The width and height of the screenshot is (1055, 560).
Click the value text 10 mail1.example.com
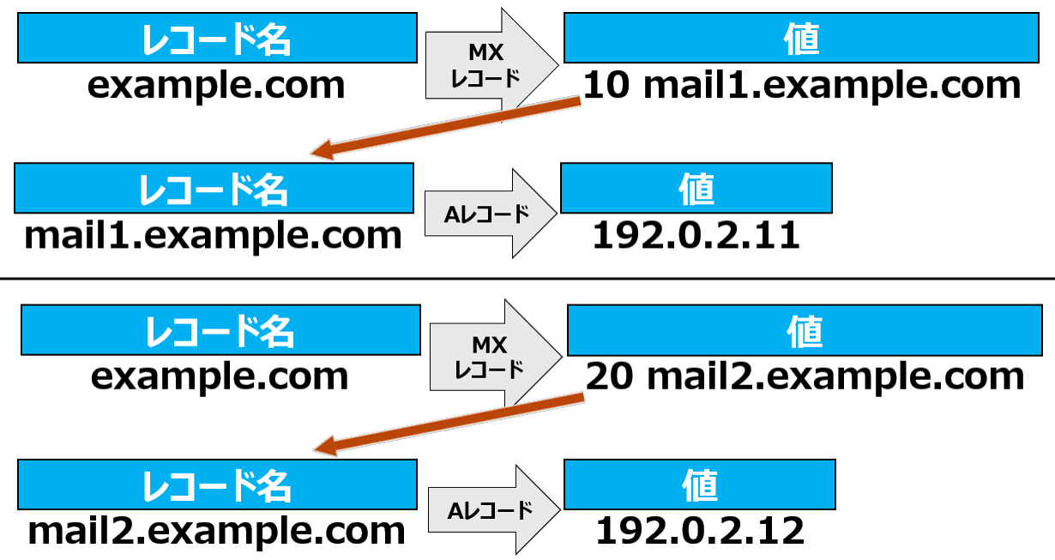click(801, 86)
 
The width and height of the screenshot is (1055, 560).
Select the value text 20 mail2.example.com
click(805, 377)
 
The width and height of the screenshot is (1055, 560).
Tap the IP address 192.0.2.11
click(696, 235)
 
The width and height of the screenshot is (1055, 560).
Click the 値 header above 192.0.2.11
click(696, 188)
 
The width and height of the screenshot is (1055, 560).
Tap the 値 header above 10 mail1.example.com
click(801, 38)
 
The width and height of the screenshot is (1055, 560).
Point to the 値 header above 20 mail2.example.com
click(805, 330)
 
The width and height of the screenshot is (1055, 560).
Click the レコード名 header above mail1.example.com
click(214, 188)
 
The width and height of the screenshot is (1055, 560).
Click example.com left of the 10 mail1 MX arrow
click(216, 86)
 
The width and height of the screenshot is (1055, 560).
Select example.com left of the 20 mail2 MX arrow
click(220, 377)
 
